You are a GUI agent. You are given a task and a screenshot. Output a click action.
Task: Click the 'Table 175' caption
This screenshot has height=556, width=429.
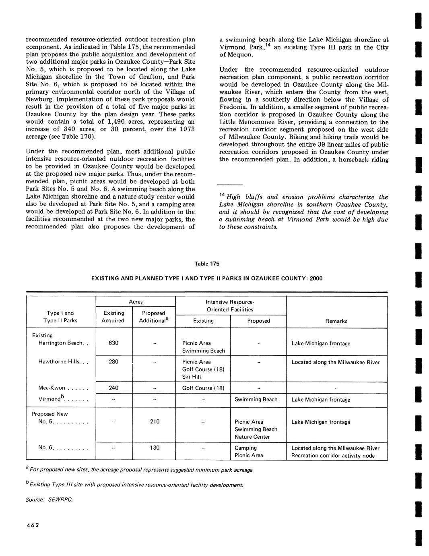click(x=207, y=264)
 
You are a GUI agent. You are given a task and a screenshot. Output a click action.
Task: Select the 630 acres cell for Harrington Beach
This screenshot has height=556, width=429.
click(x=113, y=343)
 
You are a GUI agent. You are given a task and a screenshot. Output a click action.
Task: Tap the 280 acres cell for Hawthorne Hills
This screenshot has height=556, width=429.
click(x=113, y=361)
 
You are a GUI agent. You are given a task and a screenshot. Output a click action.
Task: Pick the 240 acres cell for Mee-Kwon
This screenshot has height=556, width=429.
click(x=113, y=388)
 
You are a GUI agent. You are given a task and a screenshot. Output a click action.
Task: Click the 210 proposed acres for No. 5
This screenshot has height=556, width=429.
click(x=155, y=421)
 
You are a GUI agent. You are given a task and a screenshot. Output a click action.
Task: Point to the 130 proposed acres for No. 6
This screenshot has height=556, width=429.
click(x=155, y=448)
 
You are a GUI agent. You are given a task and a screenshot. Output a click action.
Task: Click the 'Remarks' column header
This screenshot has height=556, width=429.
click(x=336, y=321)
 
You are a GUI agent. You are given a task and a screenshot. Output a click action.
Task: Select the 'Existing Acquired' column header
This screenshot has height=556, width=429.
click(x=113, y=317)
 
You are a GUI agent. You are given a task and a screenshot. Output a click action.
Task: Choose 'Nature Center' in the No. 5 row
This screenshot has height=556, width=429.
click(x=252, y=437)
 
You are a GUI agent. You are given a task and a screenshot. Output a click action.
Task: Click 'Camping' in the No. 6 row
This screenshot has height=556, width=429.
click(x=245, y=448)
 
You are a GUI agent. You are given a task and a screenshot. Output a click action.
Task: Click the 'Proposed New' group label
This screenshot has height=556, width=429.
click(x=49, y=414)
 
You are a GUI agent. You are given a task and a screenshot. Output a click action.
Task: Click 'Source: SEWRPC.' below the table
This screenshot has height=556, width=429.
click(x=49, y=500)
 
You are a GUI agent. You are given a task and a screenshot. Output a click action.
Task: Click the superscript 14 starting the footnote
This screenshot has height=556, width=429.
click(x=222, y=195)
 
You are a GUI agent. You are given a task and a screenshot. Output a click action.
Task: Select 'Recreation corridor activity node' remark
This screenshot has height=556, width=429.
click(x=333, y=456)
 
